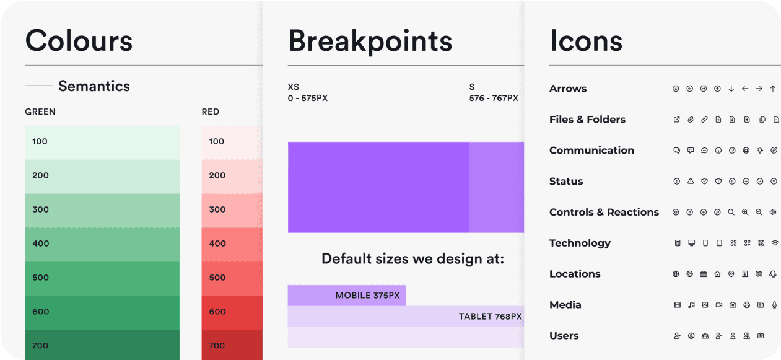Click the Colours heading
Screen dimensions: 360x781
(79, 41)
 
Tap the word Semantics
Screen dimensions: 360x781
(94, 86)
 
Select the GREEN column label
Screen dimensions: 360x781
(40, 112)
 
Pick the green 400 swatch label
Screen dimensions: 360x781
(41, 244)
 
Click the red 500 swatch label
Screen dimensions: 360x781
(217, 278)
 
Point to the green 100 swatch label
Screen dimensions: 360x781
(40, 141)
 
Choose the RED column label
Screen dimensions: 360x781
(211, 112)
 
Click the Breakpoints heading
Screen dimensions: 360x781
(370, 41)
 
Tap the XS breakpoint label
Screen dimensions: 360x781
(294, 87)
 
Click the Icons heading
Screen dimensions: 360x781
(585, 41)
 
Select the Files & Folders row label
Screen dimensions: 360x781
(587, 120)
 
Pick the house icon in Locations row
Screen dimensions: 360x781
(717, 274)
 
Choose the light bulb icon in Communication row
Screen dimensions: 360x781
(761, 151)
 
